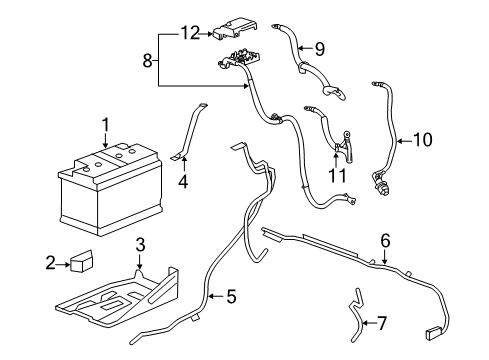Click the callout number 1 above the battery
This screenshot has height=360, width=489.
[103, 124]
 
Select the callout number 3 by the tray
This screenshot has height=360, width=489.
[141, 243]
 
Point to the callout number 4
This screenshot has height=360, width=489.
[183, 182]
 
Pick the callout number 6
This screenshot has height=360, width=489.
[384, 239]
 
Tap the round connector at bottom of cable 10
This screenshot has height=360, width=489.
[381, 184]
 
